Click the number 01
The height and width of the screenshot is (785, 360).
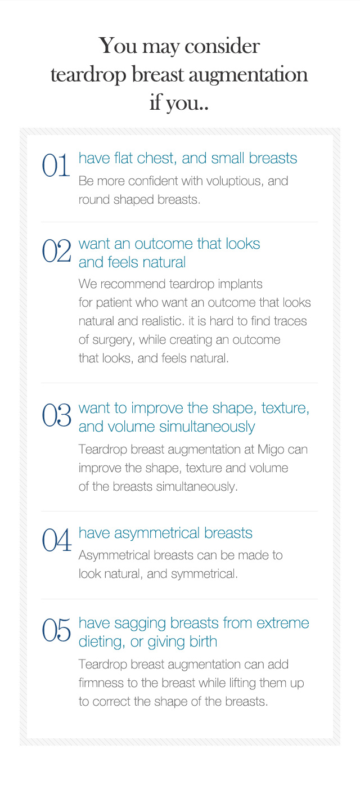pos(56,165)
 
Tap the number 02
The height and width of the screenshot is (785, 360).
pos(57,250)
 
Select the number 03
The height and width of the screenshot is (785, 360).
pos(57,415)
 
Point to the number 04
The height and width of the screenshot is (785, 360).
pos(57,540)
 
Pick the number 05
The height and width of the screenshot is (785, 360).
pos(57,630)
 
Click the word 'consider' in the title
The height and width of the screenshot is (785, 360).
pos(222,46)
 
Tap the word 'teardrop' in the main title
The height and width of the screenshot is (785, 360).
pos(89,75)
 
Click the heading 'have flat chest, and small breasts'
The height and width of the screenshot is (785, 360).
pos(188,158)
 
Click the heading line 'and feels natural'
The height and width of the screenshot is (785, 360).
pos(132,262)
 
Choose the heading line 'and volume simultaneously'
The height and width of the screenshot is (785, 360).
pos(166,427)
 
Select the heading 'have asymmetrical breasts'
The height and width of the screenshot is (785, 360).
pos(165,533)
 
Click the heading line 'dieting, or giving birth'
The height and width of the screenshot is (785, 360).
pos(148,642)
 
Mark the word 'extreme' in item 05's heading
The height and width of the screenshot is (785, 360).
pos(282,623)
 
